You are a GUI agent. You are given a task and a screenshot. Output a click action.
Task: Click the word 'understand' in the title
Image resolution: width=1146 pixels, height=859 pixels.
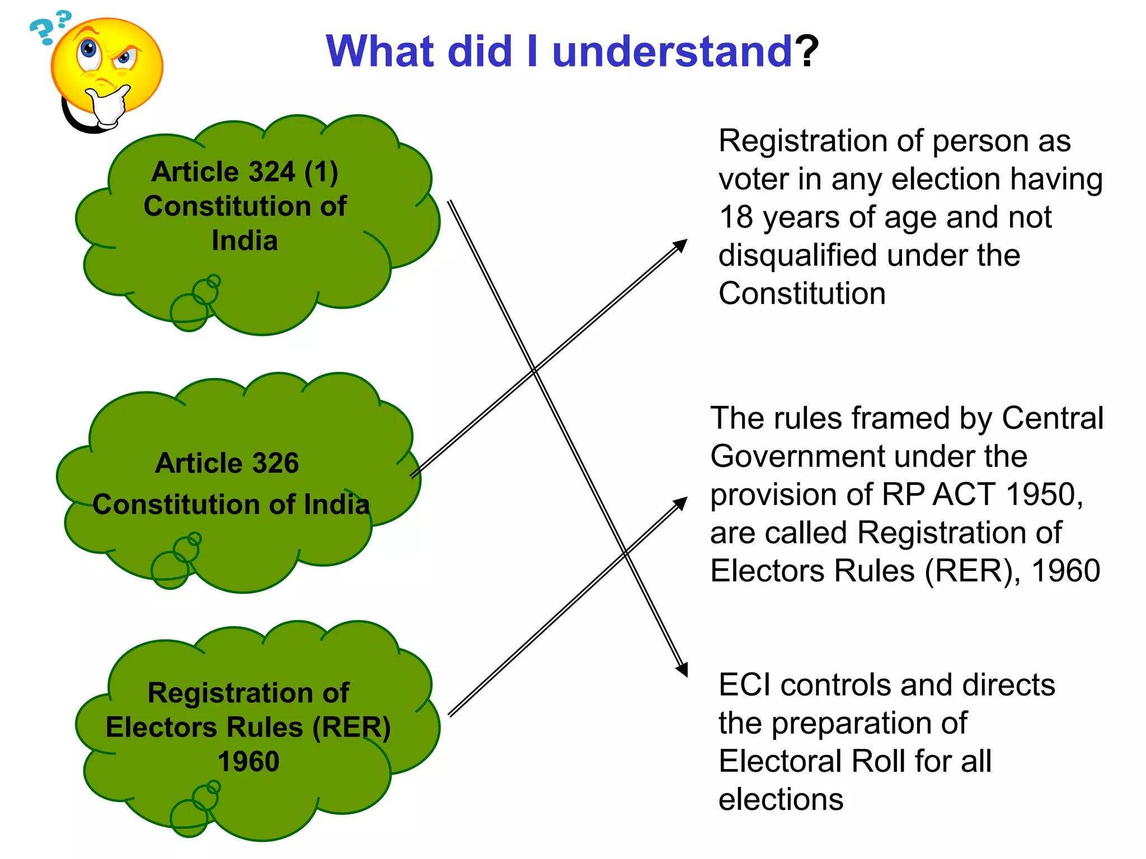[x=671, y=51]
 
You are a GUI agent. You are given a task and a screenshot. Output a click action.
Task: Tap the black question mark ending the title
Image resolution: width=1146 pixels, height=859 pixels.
[x=807, y=51]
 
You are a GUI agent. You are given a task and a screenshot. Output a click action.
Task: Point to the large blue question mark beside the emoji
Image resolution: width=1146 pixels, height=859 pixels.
[x=41, y=31]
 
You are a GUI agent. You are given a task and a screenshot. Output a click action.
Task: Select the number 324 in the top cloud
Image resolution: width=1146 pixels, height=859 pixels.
[x=271, y=172]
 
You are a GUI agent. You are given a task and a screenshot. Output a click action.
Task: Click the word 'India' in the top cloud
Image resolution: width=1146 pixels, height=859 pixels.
[x=245, y=240]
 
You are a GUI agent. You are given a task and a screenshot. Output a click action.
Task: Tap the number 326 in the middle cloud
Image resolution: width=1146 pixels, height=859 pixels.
[x=275, y=463]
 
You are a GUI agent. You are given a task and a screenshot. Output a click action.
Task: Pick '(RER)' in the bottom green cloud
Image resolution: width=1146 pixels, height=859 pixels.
[x=351, y=727]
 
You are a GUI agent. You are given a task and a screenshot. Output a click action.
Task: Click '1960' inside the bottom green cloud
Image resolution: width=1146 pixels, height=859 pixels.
[x=248, y=762]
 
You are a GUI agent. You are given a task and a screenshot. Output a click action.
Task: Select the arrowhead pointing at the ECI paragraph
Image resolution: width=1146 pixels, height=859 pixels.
[x=682, y=670]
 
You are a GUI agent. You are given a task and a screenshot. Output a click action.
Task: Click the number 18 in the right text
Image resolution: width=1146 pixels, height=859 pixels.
[x=736, y=217]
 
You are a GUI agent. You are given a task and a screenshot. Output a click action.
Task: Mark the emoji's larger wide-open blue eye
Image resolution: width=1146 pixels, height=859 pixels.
[x=88, y=49]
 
